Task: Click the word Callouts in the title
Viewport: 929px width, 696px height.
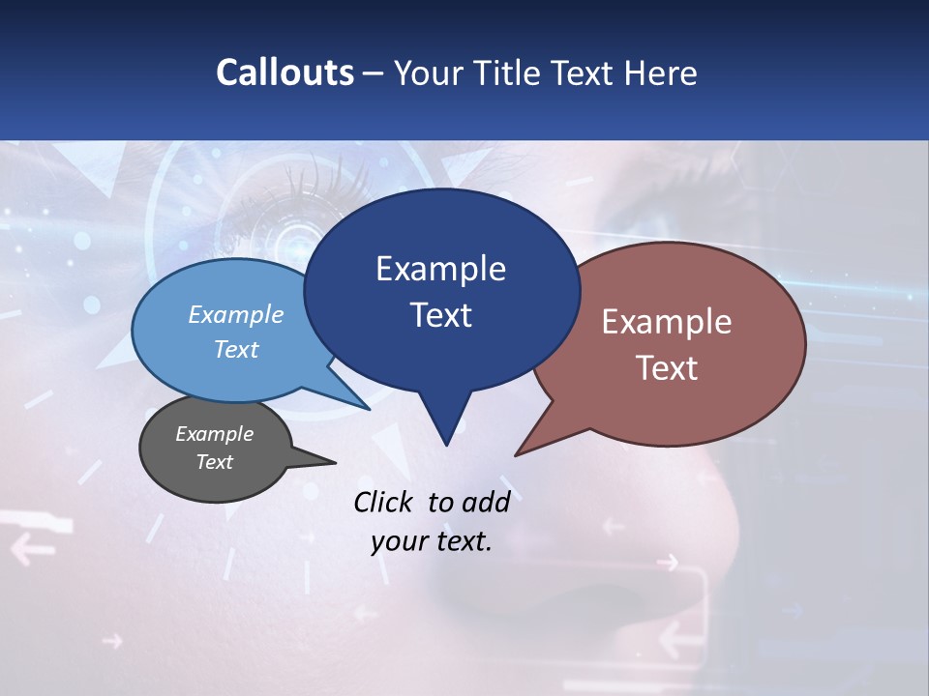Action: point(285,72)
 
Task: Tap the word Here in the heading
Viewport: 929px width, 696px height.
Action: point(661,72)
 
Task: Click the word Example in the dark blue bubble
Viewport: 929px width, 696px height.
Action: point(441,269)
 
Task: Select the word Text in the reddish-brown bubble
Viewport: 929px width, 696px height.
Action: point(668,368)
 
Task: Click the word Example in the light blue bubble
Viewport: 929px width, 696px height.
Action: point(236,315)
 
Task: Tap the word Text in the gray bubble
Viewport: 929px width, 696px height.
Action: point(215,462)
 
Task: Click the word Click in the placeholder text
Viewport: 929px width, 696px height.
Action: point(385,502)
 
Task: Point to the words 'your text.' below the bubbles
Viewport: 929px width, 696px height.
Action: point(432,541)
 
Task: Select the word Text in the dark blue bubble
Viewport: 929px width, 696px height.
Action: point(441,315)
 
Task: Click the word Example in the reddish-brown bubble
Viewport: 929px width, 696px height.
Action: point(668,322)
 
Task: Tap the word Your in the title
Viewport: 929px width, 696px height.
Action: point(430,72)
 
